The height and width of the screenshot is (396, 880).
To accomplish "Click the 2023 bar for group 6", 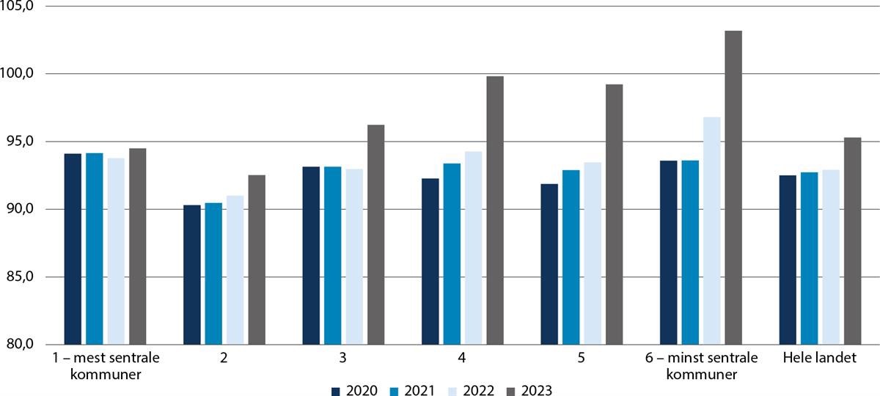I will (x=733, y=188).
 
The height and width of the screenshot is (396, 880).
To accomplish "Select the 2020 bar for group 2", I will (x=192, y=275).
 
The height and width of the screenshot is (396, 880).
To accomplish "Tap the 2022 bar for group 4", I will (x=473, y=248).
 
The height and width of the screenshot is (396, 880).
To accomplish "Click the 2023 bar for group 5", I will (x=614, y=214).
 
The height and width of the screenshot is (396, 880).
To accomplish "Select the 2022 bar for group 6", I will (x=711, y=231).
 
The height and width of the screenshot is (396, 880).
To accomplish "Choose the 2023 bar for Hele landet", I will (x=852, y=241).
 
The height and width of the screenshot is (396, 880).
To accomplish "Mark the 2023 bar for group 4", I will (x=495, y=210).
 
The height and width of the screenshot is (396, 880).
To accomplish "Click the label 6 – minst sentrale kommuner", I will (x=700, y=367).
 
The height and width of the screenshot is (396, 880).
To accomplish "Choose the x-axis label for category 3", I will (x=343, y=359).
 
